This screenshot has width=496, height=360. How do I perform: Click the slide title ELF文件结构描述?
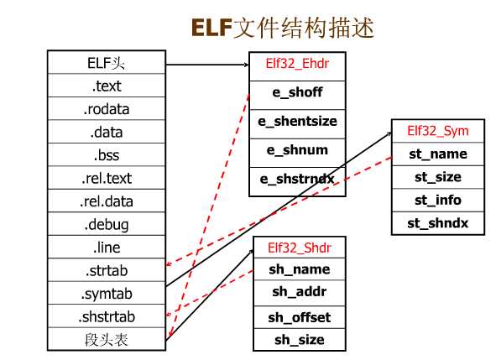pyautogui.click(x=282, y=27)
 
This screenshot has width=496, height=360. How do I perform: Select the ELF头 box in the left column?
pyautogui.click(x=107, y=63)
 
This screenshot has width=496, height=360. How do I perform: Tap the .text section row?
pyautogui.click(x=107, y=86)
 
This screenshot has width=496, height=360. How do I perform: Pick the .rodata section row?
pyautogui.click(x=107, y=109)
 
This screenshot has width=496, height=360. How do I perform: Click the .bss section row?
pyautogui.click(x=107, y=155)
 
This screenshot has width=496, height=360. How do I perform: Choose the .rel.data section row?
pyautogui.click(x=107, y=201)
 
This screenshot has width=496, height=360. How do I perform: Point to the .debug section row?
pyautogui.click(x=107, y=225)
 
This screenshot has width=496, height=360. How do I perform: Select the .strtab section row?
pyautogui.click(x=107, y=271)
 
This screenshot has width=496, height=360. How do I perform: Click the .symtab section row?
pyautogui.click(x=107, y=294)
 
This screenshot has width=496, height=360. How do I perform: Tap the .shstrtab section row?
pyautogui.click(x=107, y=317)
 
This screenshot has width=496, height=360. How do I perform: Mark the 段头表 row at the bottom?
pyautogui.click(x=107, y=340)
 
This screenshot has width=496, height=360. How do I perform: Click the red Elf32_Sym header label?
pyautogui.click(x=438, y=131)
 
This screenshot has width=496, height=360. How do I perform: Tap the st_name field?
pyautogui.click(x=438, y=154)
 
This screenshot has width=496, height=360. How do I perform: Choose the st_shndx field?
pyautogui.click(x=438, y=223)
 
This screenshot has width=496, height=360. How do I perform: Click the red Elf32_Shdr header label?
pyautogui.click(x=298, y=248)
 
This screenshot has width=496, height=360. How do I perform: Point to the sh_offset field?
pyautogui.click(x=299, y=317)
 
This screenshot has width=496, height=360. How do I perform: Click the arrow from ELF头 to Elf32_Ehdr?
pyautogui.click(x=206, y=64)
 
